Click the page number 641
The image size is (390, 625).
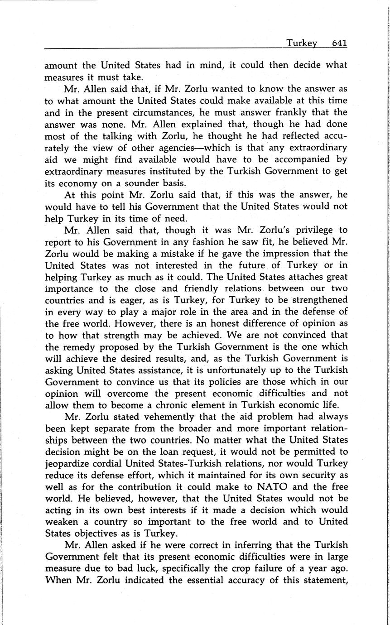[x=339, y=43]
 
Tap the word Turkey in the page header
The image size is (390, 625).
[x=301, y=43]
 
